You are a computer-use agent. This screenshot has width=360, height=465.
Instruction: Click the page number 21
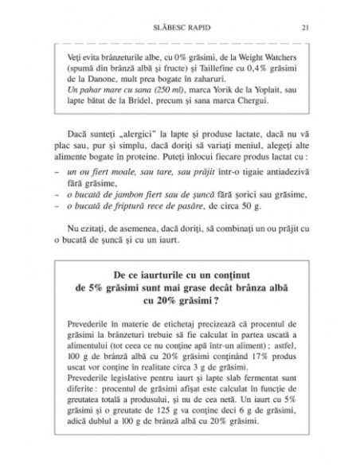click(x=305, y=28)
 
